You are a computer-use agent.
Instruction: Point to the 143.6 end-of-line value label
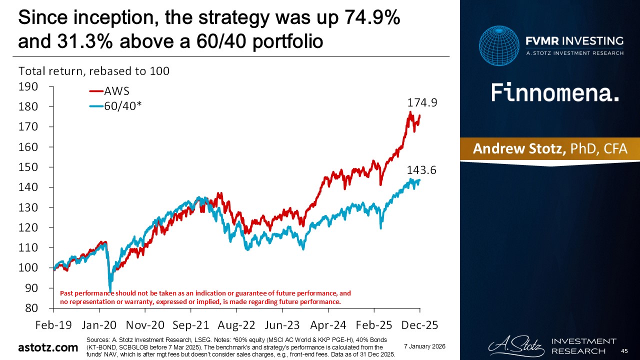pyautogui.click(x=421, y=170)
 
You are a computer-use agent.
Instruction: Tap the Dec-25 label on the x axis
pyautogui.click(x=419, y=325)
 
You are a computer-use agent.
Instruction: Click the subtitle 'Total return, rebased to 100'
pyautogui.click(x=94, y=71)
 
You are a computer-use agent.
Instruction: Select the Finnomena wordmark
pyautogui.click(x=555, y=93)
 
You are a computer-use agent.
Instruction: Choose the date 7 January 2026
pyautogui.click(x=424, y=346)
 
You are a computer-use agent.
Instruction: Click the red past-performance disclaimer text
pyautogui.click(x=205, y=297)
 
